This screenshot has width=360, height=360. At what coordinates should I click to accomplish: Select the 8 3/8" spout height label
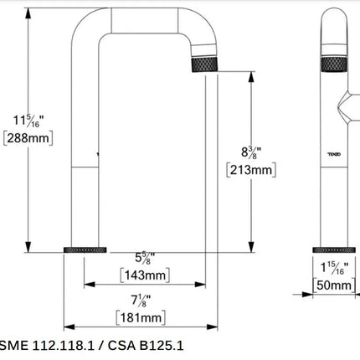[x=249, y=153]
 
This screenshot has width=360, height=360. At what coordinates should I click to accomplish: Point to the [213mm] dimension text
[x=250, y=170]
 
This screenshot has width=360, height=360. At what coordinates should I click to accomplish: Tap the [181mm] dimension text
[x=141, y=317]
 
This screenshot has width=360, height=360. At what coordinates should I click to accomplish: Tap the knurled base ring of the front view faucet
[x=86, y=250]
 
